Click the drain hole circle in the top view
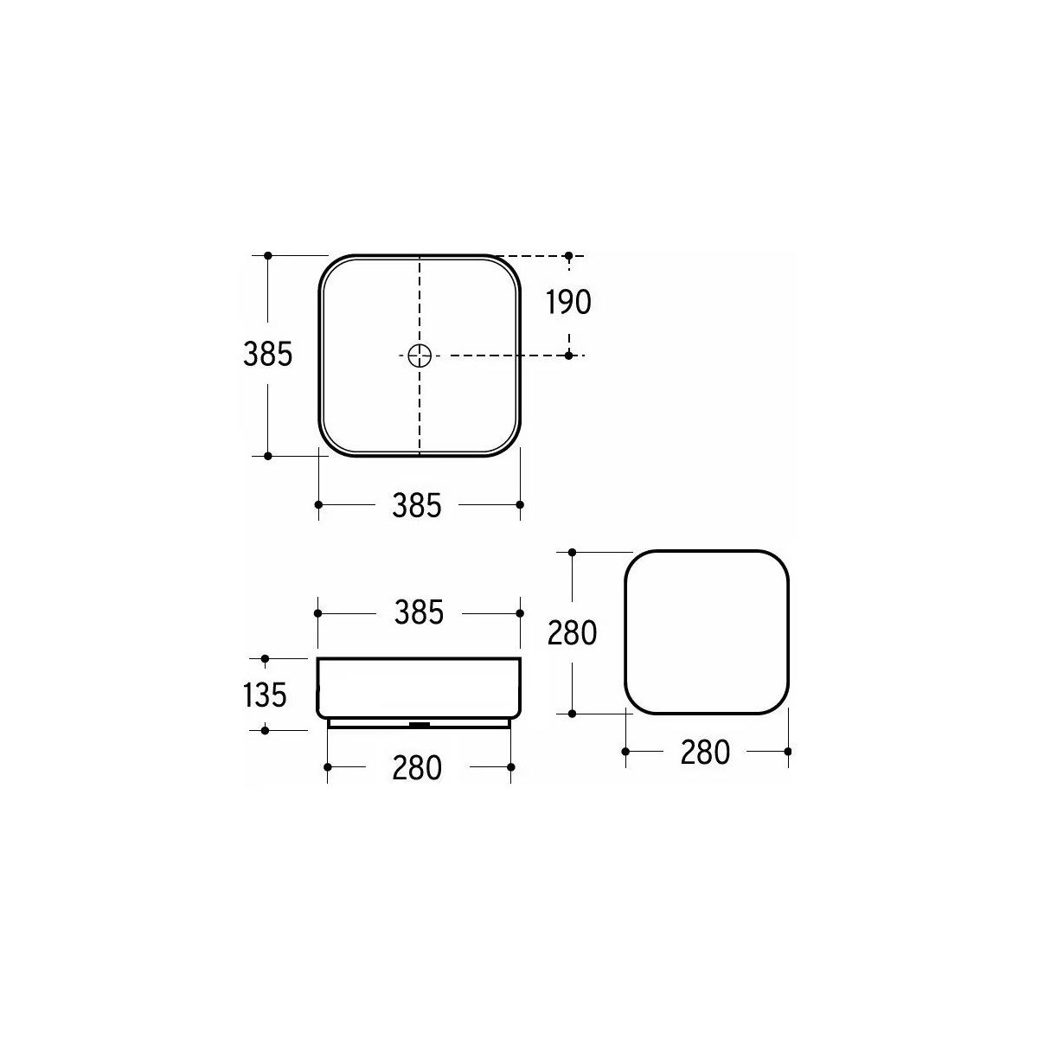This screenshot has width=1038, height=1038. [420, 356]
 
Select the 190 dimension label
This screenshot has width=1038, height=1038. [568, 302]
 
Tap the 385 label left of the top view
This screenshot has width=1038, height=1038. [267, 355]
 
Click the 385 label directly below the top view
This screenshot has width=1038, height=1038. [417, 506]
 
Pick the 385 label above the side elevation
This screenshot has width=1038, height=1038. [419, 613]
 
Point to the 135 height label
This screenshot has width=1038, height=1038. [265, 695]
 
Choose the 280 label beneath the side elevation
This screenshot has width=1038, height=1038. [417, 768]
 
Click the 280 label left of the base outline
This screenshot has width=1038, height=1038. [572, 632]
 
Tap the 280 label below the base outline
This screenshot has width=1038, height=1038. [705, 752]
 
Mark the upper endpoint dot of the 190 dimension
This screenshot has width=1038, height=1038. [568, 255]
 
